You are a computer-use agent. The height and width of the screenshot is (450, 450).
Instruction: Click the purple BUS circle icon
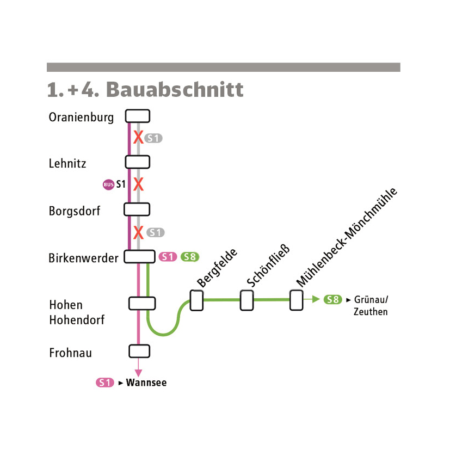point(108,184)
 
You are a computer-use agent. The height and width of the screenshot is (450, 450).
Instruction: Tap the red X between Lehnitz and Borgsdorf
point(138,184)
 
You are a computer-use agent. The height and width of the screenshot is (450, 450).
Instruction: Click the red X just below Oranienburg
point(138,137)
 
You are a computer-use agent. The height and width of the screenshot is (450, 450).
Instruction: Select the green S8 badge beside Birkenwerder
point(190,257)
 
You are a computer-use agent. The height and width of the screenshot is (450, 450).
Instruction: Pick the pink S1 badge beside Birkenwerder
point(168,257)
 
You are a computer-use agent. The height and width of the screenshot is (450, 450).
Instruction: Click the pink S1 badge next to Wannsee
point(105,383)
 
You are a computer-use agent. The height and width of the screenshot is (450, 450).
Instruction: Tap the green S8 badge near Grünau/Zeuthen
point(333,300)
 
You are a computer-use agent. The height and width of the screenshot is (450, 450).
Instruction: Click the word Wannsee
point(146,383)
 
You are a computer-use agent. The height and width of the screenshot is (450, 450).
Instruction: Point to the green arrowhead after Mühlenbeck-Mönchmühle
point(316,299)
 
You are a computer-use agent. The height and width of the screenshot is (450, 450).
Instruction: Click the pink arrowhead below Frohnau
point(138,373)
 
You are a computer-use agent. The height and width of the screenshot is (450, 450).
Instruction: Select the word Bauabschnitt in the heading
point(175,90)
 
